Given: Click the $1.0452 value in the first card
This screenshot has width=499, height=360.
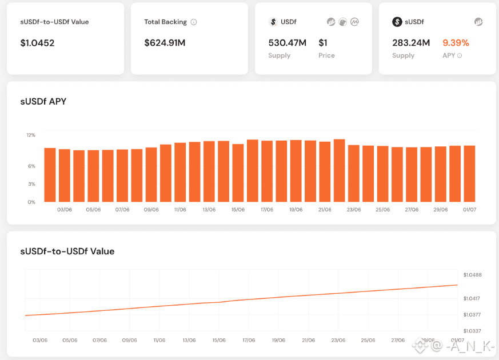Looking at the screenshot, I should coord(37,43).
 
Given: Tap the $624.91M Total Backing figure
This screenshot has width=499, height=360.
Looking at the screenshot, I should coord(165,43).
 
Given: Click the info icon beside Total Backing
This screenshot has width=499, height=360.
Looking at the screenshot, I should coord(194,22).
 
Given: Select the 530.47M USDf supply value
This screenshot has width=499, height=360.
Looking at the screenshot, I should coord(287,43).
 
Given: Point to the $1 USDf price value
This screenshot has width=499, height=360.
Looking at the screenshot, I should coord(323,43).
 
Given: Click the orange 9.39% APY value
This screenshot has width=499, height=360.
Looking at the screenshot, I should coord(456,43).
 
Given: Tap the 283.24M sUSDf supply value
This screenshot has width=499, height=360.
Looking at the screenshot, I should coord(411,43).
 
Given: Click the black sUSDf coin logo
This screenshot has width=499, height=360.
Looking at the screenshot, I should coord(397,22).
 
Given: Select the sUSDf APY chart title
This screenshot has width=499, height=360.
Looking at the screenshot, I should coord(43,102).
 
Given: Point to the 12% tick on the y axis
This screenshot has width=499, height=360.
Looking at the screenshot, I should coord(31,135).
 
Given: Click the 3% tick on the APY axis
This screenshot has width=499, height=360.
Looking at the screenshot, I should coord(31,184).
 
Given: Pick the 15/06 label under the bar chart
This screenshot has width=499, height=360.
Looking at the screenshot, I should coord(238,210).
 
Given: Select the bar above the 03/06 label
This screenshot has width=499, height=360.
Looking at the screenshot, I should coord(65,175).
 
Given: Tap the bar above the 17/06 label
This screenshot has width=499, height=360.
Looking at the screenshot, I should coord(267,171).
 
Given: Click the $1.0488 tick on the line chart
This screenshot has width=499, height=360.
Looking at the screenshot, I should coord(472,275).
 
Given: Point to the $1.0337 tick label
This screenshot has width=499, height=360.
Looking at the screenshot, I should coord(472,331).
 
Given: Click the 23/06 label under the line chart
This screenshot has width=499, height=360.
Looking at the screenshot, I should coord(338,341).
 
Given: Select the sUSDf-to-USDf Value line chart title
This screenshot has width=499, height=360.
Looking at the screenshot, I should coord(67,251).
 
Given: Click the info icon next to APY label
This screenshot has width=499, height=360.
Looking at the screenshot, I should coord(460,56).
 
